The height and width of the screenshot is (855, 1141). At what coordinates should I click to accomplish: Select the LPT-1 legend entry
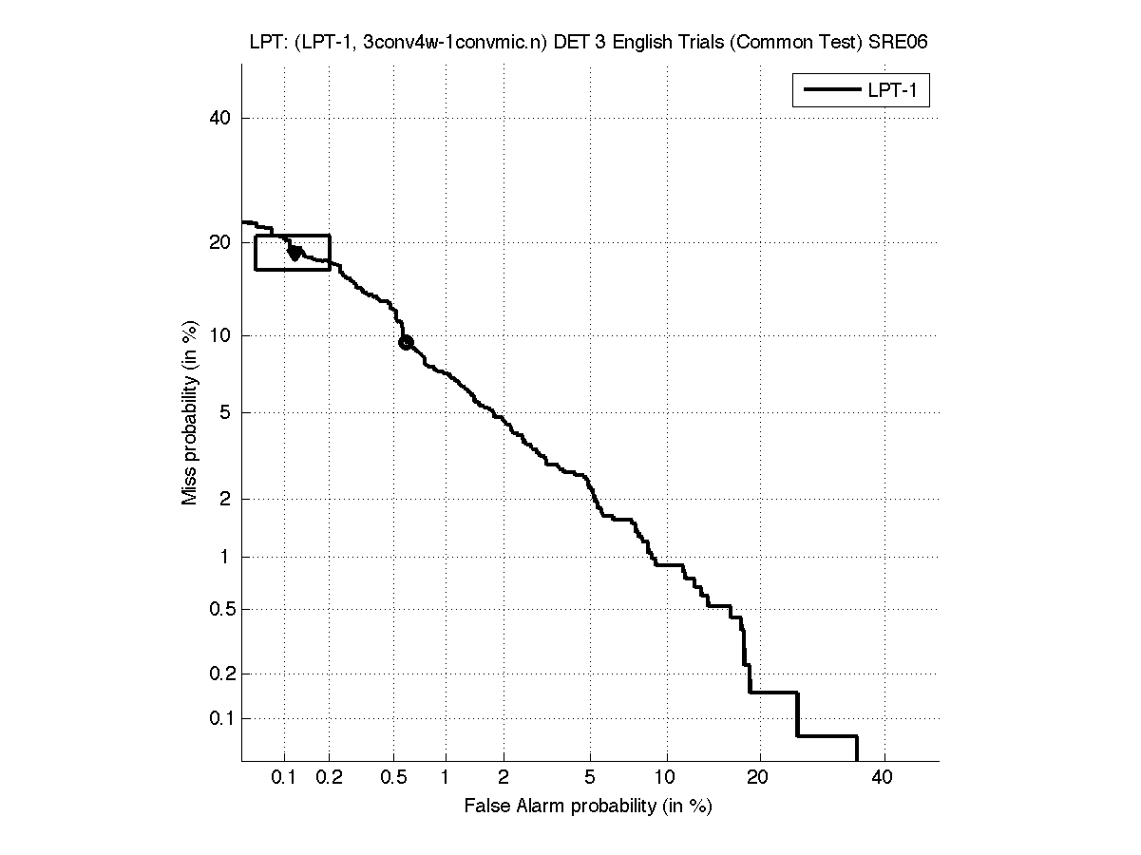click(861, 90)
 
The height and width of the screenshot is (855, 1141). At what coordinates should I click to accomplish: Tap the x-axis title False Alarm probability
click(588, 807)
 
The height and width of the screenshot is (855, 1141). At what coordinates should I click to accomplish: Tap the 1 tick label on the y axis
click(227, 558)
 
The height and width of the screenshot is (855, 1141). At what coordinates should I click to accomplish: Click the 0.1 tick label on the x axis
click(284, 778)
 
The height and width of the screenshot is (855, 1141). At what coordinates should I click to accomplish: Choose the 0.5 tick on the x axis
click(392, 778)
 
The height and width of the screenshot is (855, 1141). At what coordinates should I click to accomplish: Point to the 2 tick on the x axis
click(504, 778)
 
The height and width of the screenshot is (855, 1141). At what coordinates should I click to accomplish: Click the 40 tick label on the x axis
click(884, 778)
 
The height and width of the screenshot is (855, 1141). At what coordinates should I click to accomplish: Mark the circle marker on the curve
click(406, 343)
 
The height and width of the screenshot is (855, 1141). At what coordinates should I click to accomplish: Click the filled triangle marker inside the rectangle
click(295, 253)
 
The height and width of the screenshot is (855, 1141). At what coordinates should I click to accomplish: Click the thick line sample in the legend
click(828, 90)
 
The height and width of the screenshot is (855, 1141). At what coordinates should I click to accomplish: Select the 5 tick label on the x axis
click(590, 778)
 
